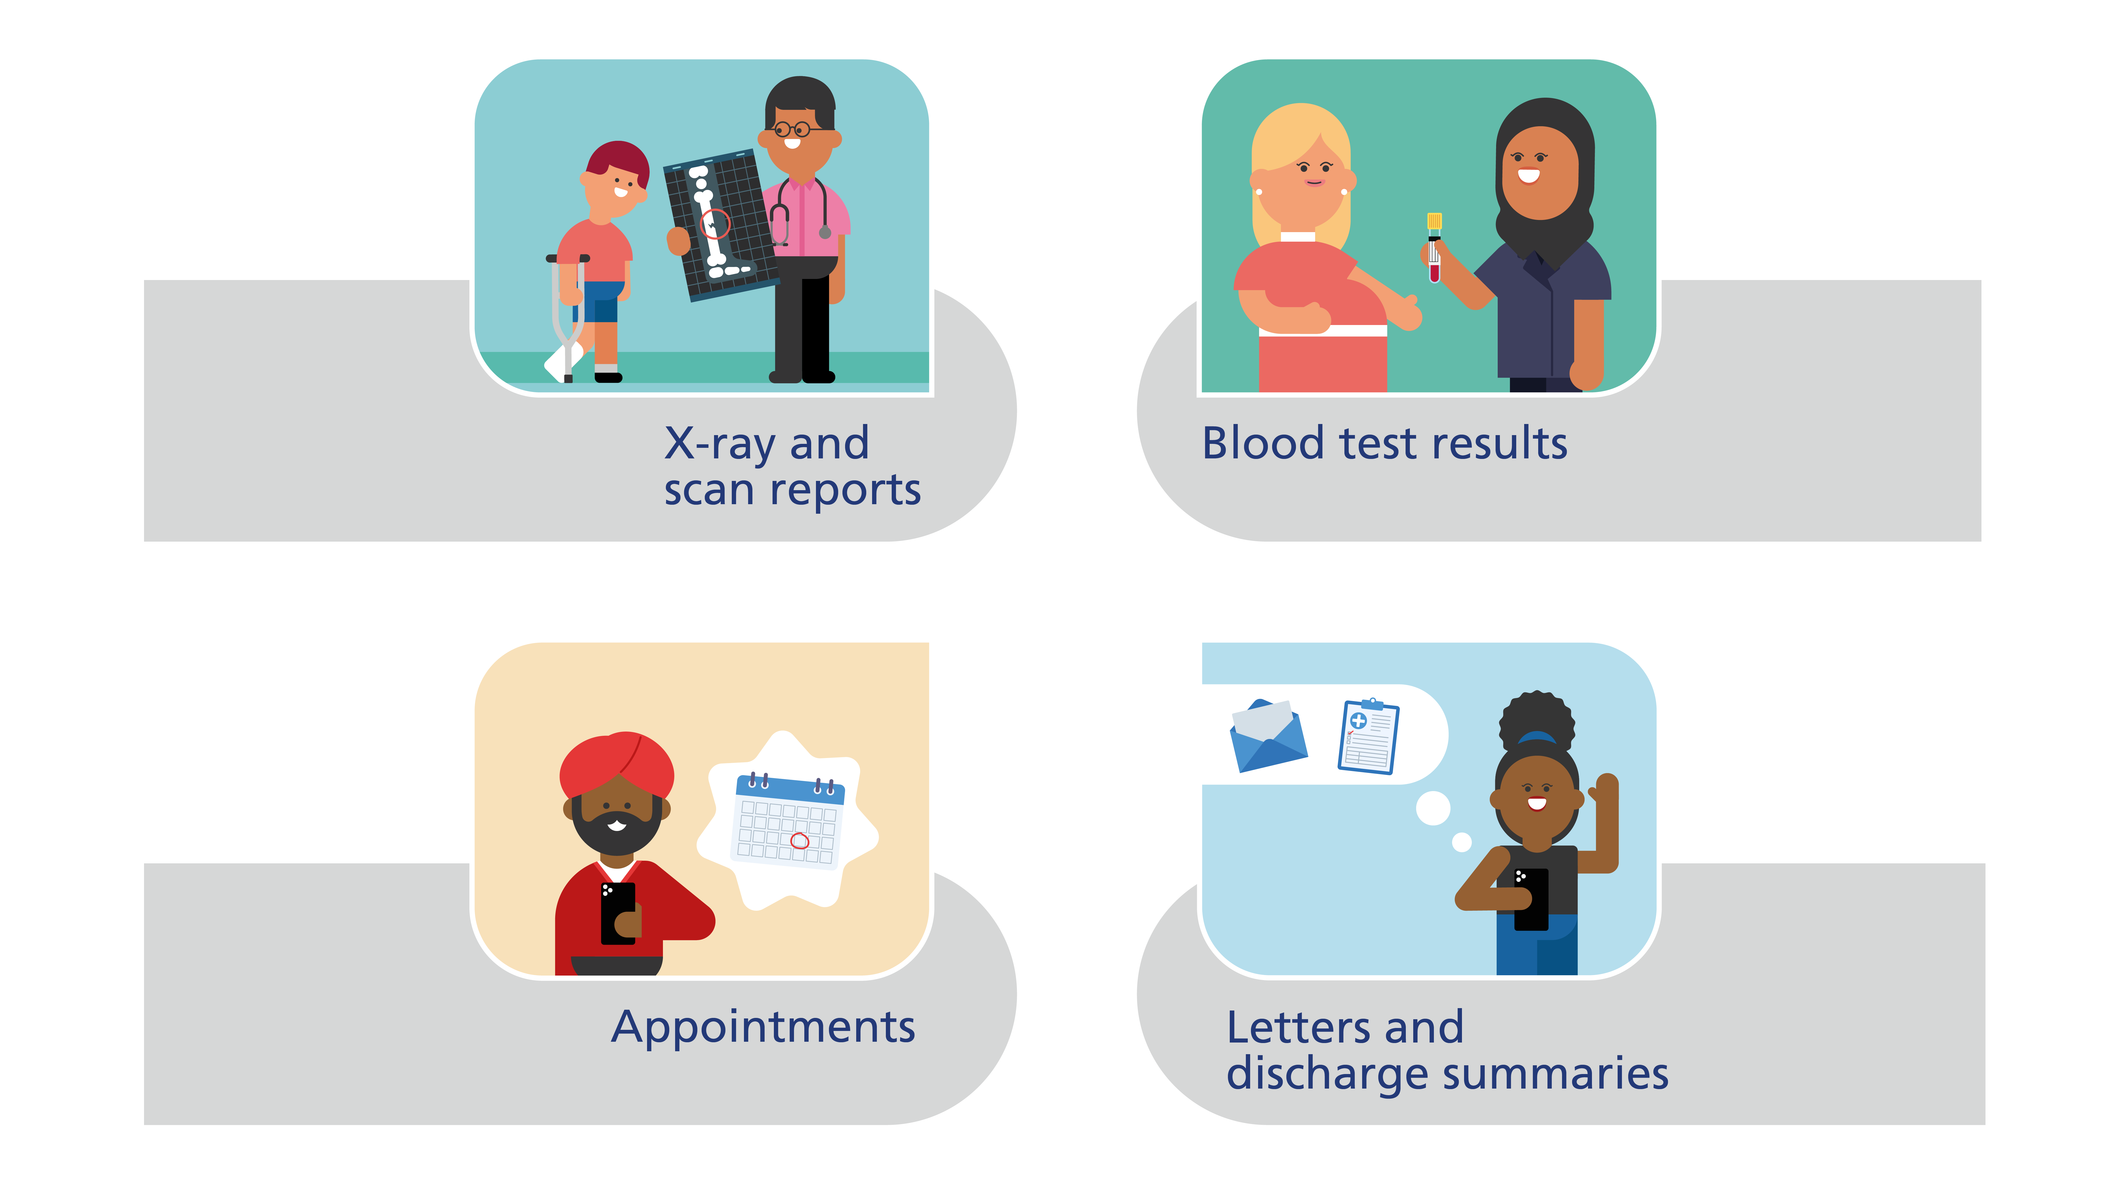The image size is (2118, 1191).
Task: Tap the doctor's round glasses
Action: click(792, 129)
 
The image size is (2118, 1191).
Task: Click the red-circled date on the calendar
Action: click(799, 840)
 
